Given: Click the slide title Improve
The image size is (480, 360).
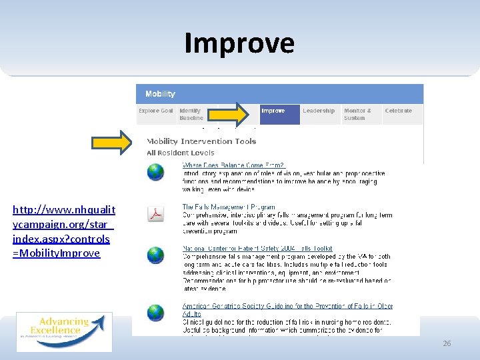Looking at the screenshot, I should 239,43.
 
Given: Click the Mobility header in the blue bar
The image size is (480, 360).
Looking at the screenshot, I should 160,94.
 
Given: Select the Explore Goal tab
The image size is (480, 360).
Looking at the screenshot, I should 156,111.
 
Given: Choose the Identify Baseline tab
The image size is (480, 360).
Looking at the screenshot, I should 191,114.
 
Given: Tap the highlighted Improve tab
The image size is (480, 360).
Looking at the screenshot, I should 273,111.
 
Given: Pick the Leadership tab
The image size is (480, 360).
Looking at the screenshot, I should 319,111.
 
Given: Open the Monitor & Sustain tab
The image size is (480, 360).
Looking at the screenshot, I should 358,114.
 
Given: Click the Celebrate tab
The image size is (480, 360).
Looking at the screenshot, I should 398,111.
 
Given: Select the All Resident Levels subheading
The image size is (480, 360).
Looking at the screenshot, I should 181,153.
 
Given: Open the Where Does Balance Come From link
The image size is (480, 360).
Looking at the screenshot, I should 233,165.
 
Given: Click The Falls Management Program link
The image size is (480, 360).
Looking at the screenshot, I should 229,207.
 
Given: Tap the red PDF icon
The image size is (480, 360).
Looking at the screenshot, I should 155,214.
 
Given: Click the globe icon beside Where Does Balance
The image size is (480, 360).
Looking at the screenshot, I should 155,173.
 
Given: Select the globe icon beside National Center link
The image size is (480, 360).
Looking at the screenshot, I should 155,255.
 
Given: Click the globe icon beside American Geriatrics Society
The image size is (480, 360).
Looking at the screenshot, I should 155,312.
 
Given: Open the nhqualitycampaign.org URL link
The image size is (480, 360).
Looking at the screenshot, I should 63,231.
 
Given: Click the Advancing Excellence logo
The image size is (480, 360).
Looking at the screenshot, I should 64,331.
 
